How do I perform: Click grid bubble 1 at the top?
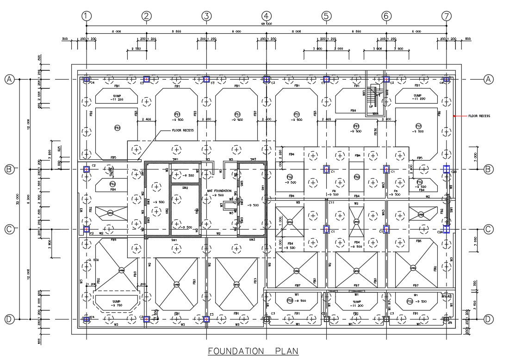point(86,16)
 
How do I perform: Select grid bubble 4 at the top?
point(266,16)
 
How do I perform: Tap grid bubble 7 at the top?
point(446,16)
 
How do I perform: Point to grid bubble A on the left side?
point(9,80)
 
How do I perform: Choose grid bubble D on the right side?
point(488,319)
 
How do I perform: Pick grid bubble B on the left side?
point(9,169)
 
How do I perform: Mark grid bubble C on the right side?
point(488,229)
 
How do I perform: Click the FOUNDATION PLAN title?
point(253,350)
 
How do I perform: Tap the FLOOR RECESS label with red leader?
point(479,116)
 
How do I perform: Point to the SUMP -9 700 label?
point(116,303)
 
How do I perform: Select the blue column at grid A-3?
point(206,80)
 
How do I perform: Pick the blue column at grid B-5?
point(326,169)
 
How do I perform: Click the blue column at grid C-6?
point(386,229)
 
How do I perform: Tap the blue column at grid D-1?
point(86,319)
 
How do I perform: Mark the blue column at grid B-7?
point(446,169)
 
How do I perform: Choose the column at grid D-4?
point(266,319)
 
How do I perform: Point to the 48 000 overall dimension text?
point(266,23)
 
